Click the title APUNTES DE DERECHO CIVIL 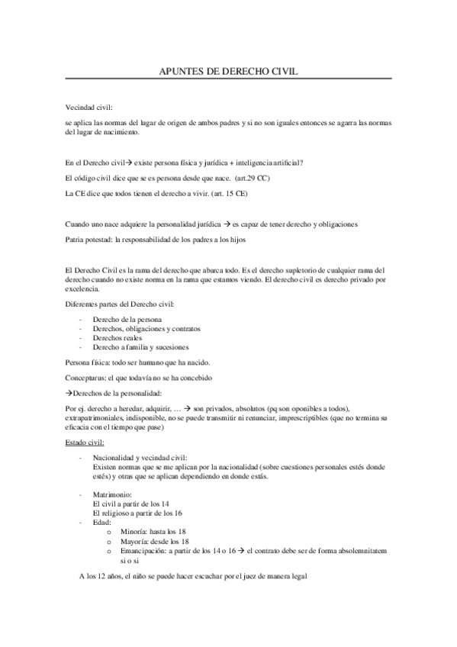(x=227, y=70)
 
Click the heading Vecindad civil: (x=89, y=110)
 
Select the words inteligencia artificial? (x=262, y=162)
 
